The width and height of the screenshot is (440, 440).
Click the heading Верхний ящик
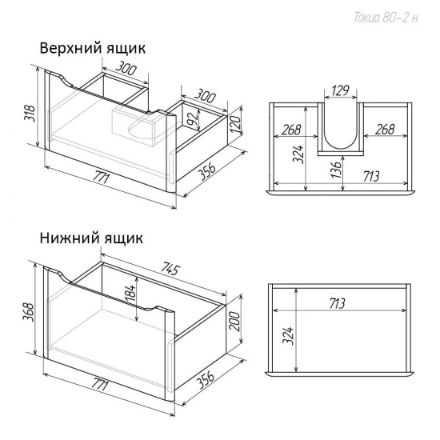(x=93, y=48)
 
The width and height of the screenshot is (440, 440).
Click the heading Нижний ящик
(x=91, y=238)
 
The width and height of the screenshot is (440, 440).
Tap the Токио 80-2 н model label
(x=386, y=18)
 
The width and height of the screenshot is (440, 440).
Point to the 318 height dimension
(x=30, y=113)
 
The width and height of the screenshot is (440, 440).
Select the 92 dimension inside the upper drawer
(x=193, y=119)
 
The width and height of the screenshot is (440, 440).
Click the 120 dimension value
(x=235, y=124)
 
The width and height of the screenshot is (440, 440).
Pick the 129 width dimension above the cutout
(x=340, y=90)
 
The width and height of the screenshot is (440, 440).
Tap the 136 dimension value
(x=337, y=170)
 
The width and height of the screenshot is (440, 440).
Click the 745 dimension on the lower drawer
(x=170, y=269)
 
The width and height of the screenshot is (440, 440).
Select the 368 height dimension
(x=30, y=312)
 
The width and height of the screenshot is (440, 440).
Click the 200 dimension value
(x=235, y=322)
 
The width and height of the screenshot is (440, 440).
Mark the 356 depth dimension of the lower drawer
(x=206, y=379)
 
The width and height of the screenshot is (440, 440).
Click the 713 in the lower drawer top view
(x=337, y=303)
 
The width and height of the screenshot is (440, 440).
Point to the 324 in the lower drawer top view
(x=288, y=335)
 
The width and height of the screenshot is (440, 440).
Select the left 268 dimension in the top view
(x=291, y=130)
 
